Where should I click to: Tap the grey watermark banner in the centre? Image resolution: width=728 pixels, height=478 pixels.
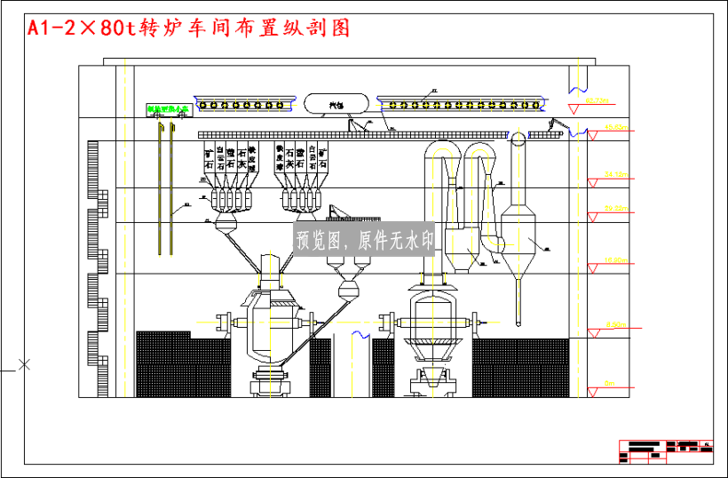(x=365, y=240)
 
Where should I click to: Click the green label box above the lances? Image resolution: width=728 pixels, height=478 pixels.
(x=169, y=111)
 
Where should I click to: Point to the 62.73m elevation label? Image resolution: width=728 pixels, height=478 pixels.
(x=601, y=100)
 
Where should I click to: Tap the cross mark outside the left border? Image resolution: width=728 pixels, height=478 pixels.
(x=24, y=363)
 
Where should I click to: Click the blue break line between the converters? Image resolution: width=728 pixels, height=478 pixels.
(x=362, y=334)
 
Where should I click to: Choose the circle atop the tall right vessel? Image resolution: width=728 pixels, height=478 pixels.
(x=517, y=136)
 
